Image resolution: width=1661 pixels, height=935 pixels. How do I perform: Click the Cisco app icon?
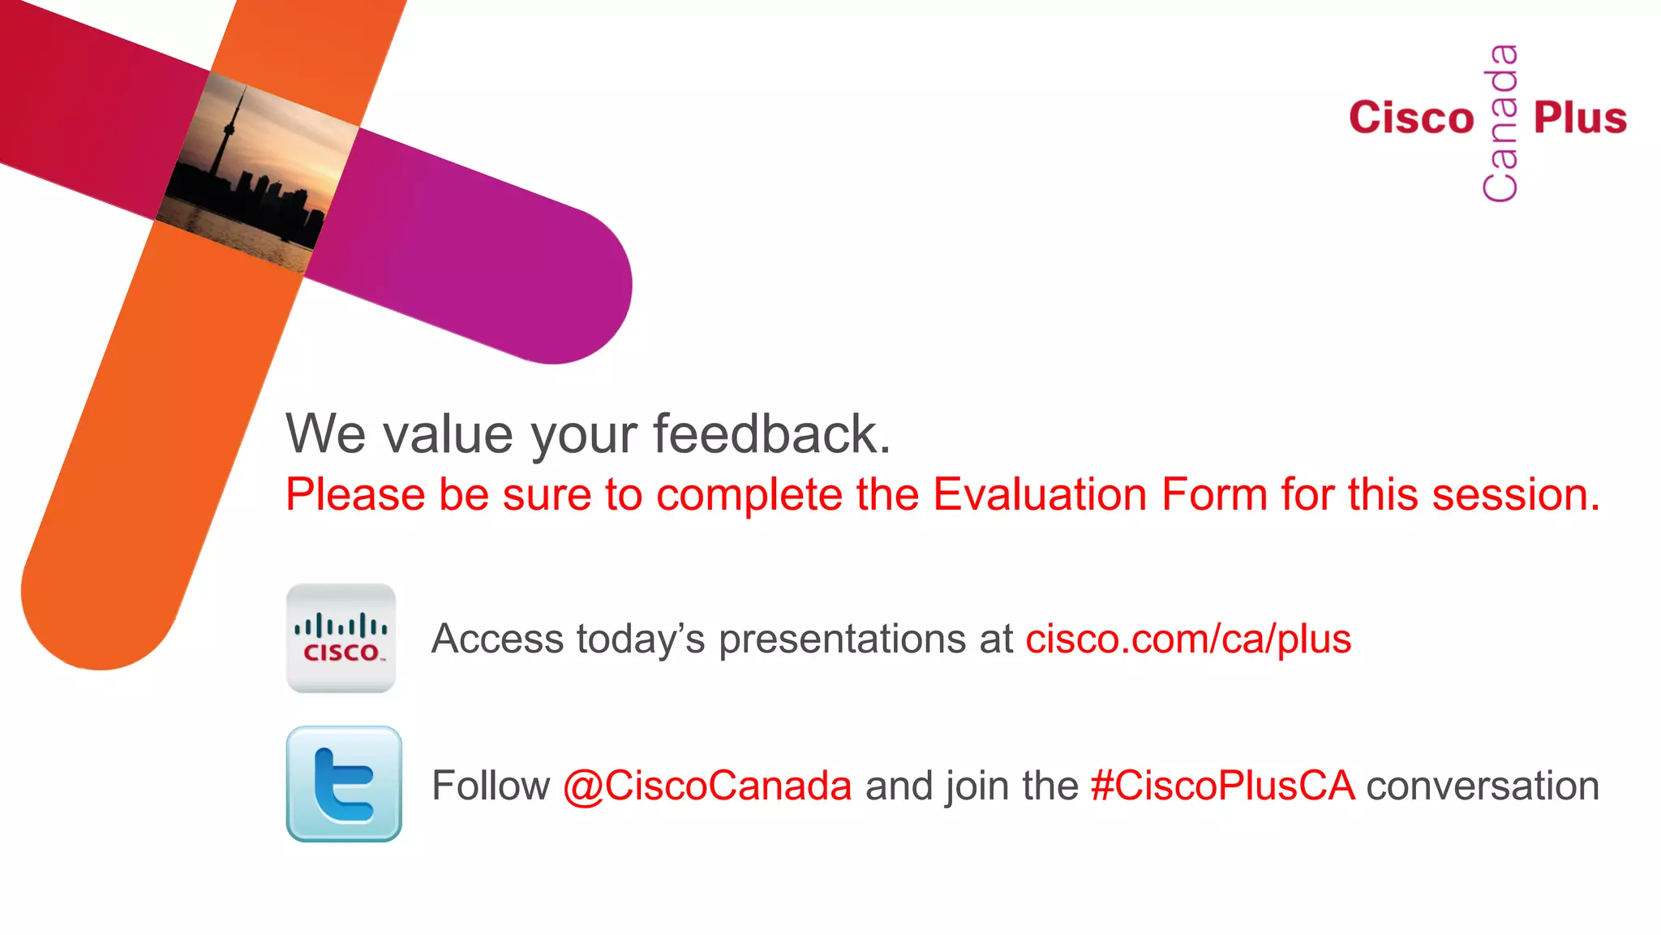(341, 638)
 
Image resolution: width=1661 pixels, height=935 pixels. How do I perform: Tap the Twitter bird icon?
(344, 784)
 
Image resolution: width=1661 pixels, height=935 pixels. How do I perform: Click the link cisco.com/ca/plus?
(1188, 639)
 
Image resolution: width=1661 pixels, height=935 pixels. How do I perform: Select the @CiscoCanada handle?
(707, 786)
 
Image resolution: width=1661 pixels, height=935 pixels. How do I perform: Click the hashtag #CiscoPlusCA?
(1222, 786)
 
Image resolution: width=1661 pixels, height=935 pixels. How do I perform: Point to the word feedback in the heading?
(771, 434)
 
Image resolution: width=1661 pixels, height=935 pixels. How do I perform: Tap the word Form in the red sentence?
(1214, 494)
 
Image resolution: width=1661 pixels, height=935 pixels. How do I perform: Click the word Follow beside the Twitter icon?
(491, 786)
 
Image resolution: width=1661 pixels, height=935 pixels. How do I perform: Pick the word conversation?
(1483, 786)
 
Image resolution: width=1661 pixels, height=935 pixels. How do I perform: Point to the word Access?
(497, 639)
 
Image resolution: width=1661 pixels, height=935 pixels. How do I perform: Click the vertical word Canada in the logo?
(1501, 123)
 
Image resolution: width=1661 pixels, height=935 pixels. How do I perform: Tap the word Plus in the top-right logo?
(1580, 118)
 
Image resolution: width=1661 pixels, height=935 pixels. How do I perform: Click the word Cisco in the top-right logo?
(1411, 118)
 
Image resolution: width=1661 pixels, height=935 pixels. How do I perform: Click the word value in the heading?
(449, 434)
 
